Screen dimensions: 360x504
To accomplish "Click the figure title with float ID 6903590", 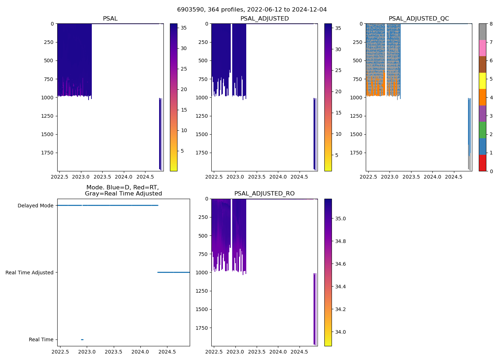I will [x=252, y=10].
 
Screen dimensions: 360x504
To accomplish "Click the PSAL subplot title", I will [x=110, y=19].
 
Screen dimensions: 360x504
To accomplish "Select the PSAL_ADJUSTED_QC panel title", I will [x=419, y=19].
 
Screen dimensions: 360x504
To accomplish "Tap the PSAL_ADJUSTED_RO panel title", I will [x=264, y=194].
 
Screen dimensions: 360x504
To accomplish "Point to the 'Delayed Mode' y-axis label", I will [x=35, y=206].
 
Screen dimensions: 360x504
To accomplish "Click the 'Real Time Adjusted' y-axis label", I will [x=30, y=273].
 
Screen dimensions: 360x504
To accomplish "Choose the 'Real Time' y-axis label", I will [x=41, y=339].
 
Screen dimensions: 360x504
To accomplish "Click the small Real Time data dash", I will [x=82, y=339].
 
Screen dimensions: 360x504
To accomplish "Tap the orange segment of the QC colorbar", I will [x=482, y=97].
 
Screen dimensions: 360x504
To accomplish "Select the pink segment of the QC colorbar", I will [x=482, y=48].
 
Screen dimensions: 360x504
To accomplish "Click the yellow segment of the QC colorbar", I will [x=482, y=81].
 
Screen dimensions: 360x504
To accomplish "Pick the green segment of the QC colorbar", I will [x=482, y=130].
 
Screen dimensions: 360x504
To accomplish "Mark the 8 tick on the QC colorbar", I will [x=491, y=24].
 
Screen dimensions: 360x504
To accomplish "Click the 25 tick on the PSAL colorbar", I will [x=183, y=69].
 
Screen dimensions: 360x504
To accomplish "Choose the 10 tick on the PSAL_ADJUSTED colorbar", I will [x=338, y=134].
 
